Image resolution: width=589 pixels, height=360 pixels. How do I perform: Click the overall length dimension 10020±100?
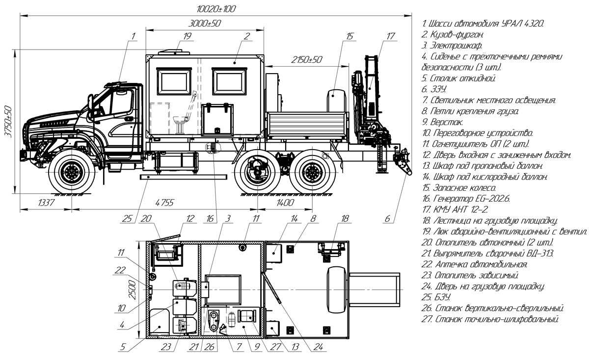(216, 9)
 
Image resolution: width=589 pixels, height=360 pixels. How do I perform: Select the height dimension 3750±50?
(8, 121)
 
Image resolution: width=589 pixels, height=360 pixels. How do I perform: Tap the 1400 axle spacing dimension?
(285, 203)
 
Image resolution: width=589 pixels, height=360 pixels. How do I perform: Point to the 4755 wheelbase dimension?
(164, 203)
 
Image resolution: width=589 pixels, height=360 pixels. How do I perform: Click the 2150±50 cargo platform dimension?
(306, 60)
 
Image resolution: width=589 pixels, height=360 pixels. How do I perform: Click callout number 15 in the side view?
(349, 36)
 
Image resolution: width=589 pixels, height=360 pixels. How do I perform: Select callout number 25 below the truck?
(127, 218)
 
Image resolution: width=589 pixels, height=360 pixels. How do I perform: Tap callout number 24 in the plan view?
(318, 347)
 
